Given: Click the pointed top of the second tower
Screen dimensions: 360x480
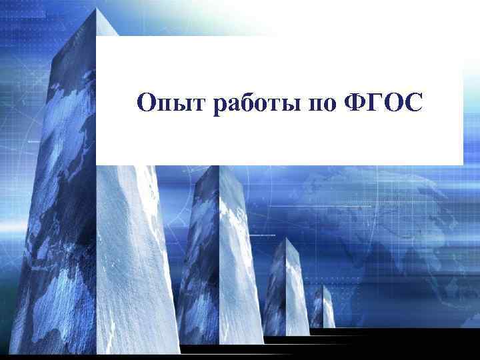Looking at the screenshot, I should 219,167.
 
